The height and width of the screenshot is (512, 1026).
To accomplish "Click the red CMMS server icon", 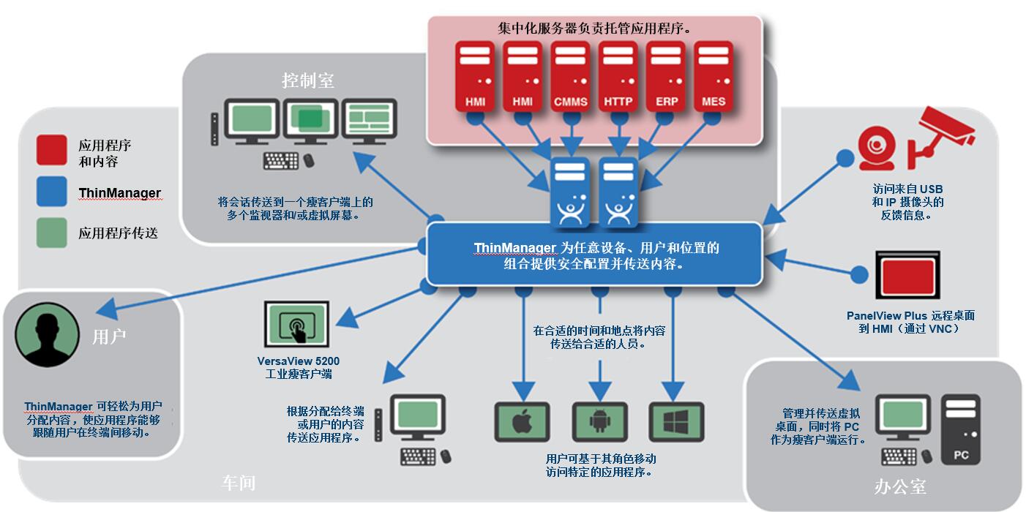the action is click(570, 77).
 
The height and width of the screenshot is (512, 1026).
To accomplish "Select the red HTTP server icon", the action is click(618, 77).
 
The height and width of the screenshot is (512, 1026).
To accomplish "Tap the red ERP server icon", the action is click(666, 77).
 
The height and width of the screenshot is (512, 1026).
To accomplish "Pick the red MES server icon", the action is click(714, 77).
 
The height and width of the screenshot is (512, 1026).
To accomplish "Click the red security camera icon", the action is click(941, 135).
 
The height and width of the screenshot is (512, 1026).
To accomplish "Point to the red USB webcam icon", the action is click(877, 148).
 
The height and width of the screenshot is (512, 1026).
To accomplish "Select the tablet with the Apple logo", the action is click(523, 422).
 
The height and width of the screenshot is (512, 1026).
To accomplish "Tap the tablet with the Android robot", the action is click(599, 422).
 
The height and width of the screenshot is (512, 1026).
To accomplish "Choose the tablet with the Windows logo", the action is click(676, 422).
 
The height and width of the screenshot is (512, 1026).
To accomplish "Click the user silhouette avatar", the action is click(47, 334).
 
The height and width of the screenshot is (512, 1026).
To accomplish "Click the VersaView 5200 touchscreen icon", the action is click(297, 324).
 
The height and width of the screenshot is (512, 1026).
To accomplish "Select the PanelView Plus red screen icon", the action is click(908, 275).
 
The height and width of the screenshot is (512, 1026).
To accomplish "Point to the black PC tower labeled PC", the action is click(961, 429).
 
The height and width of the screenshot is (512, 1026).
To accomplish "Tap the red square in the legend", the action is click(52, 150).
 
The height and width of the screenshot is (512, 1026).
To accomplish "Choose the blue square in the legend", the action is click(52, 192).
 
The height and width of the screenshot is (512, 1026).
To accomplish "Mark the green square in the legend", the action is click(52, 233).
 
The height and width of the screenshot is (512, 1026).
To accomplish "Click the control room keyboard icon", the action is click(281, 161).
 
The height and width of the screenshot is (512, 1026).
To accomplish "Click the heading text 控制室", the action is click(308, 80).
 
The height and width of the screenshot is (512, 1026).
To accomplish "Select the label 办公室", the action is click(900, 486).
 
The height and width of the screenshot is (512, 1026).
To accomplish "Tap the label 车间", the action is click(239, 483).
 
